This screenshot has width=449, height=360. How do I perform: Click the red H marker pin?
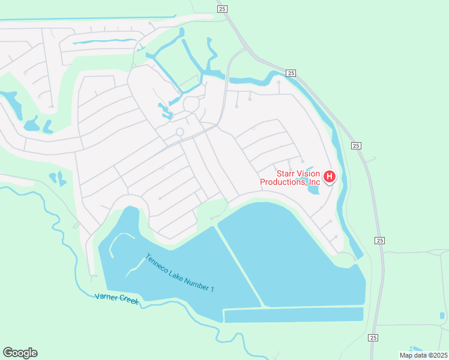pos(330,176)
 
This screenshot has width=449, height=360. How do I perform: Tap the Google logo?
pos(20,353)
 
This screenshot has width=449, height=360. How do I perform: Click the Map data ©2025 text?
pos(423,355)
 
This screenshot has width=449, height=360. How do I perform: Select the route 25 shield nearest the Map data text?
pos(373,338)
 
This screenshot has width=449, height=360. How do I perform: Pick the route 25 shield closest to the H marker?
pos(356,146)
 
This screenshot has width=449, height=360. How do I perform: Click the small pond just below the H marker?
pos(313,191)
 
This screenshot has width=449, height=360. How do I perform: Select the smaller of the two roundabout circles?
pos(179,132)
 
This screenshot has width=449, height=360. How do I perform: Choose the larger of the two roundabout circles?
pos(191,104)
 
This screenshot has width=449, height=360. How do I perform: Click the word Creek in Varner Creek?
pos(128,302)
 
